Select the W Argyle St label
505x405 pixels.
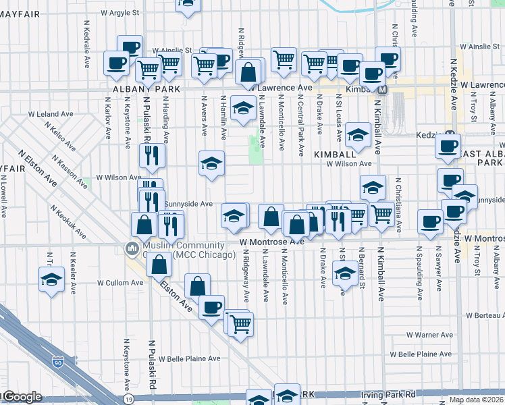(119, 12)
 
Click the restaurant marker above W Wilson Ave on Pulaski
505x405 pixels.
(152, 155)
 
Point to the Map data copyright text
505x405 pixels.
(476, 400)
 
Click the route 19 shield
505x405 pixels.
(129, 400)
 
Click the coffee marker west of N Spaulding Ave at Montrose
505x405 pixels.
(429, 221)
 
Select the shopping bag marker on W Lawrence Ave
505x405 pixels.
(248, 72)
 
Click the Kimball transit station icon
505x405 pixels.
(381, 89)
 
